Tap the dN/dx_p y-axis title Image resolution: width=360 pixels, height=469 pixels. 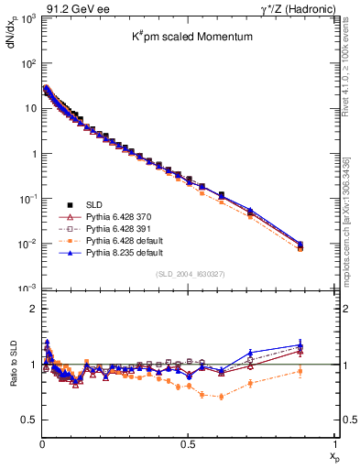coord(12,42)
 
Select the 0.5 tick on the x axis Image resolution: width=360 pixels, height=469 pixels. coord(188,444)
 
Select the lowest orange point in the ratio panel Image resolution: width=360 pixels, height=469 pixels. coord(221,397)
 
